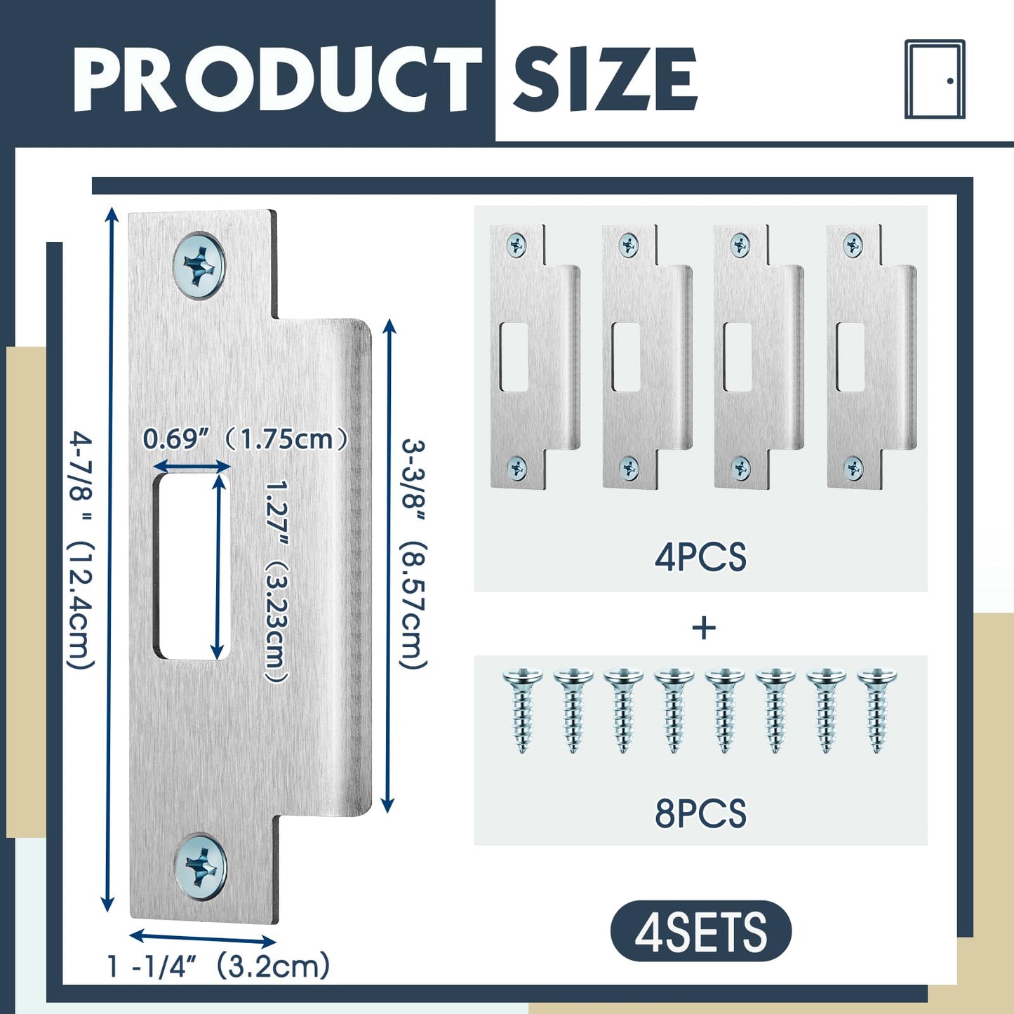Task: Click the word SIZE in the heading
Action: (605, 79)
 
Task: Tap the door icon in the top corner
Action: (935, 79)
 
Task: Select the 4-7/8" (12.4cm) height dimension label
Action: (81, 551)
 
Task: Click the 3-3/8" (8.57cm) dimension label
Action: (414, 554)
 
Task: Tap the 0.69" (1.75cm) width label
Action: (246, 439)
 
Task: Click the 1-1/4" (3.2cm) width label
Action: (218, 966)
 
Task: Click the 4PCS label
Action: (700, 558)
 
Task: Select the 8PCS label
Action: (700, 814)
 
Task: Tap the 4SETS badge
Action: (700, 932)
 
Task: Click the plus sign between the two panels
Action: (704, 627)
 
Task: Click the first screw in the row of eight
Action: (523, 710)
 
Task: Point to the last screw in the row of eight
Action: (876, 710)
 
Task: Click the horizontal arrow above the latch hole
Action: (192, 467)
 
